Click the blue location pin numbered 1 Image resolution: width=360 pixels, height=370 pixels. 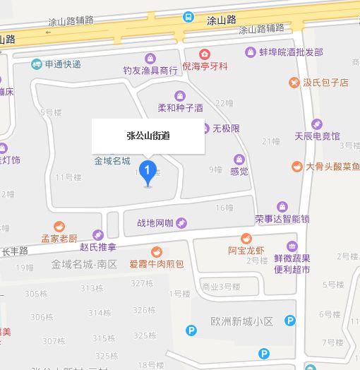(x=148, y=172)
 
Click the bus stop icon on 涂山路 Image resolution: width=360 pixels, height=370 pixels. (x=188, y=17)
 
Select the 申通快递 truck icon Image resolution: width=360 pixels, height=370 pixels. (x=36, y=64)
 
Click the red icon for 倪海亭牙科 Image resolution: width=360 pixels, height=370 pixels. (x=205, y=54)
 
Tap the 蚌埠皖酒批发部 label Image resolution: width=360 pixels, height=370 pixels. (x=291, y=52)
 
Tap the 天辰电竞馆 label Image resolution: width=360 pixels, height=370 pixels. (x=317, y=135)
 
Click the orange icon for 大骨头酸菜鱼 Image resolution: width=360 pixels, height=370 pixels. (x=297, y=167)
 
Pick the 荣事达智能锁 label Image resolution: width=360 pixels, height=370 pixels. (x=282, y=219)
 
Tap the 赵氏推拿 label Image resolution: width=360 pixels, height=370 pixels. (x=98, y=246)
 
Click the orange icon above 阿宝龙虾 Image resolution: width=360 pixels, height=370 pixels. (x=246, y=238)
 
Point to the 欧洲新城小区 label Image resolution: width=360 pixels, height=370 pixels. (x=241, y=321)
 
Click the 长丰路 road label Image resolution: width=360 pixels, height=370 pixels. (x=14, y=251)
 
